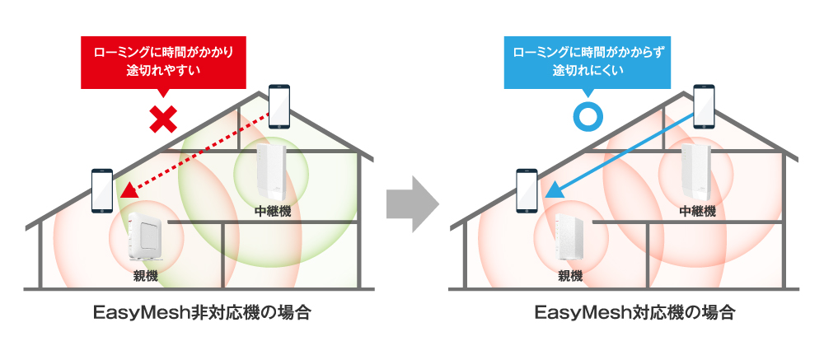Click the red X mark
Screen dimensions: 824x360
pos(163,119)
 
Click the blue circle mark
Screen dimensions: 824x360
pos(588,117)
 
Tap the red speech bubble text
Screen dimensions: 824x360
pos(163,62)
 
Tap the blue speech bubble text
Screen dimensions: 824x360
pos(588,61)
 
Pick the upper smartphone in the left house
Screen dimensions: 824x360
pos(279,106)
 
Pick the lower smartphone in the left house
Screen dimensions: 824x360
pos(102,190)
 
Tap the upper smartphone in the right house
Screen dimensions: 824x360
pos(705,106)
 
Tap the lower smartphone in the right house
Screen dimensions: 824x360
pos(527,190)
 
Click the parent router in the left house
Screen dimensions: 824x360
pos(147,237)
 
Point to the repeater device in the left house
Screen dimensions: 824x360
pos(270,171)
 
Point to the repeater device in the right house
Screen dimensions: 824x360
pos(695,171)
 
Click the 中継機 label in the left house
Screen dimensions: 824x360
pos(272,211)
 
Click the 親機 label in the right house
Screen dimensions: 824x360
pos(570,275)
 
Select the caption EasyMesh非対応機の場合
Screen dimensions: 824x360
pos(203,314)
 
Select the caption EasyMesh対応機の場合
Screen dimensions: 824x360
pos(635,314)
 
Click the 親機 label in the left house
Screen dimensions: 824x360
pos(146,275)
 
